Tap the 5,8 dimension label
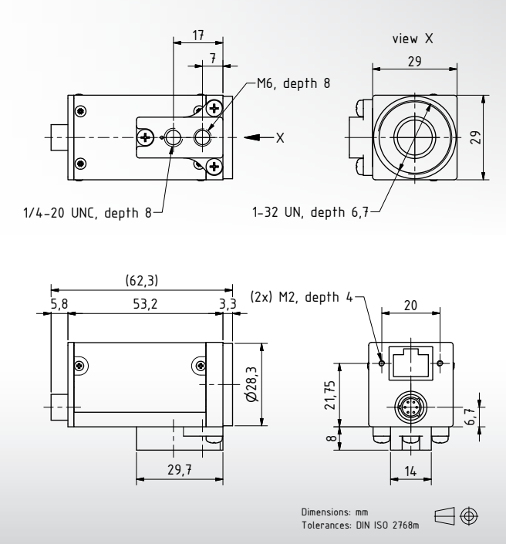(59, 304)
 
